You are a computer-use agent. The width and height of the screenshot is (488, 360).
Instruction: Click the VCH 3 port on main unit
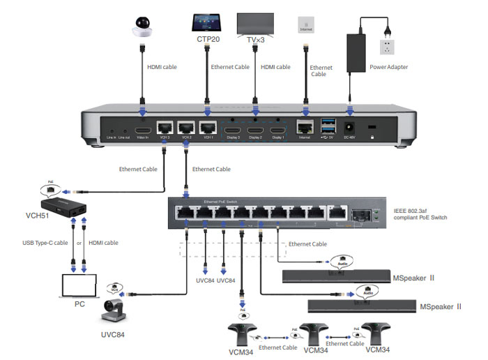click(x=166, y=128)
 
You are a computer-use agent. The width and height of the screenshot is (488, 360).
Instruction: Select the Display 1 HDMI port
click(x=278, y=130)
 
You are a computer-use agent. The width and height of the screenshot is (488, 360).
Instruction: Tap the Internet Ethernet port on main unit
click(x=304, y=128)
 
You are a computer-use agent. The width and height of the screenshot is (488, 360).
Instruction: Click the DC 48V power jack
click(x=351, y=128)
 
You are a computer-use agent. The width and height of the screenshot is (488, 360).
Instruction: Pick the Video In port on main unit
click(x=143, y=130)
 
